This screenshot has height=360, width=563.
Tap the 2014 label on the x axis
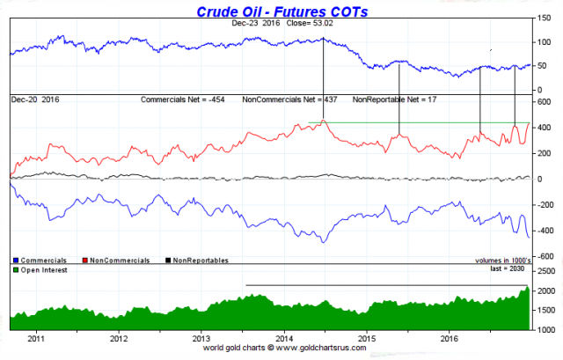tap(284, 337)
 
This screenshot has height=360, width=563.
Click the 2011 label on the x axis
tap(35, 337)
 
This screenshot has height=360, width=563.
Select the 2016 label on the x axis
tap(450, 337)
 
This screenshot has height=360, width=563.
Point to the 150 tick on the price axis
tap(545, 17)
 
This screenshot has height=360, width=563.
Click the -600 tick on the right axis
tap(544, 256)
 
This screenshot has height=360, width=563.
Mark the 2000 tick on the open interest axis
tap(545, 291)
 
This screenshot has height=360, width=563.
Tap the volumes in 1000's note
tap(499, 261)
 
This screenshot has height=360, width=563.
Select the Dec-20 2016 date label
tap(34, 99)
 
